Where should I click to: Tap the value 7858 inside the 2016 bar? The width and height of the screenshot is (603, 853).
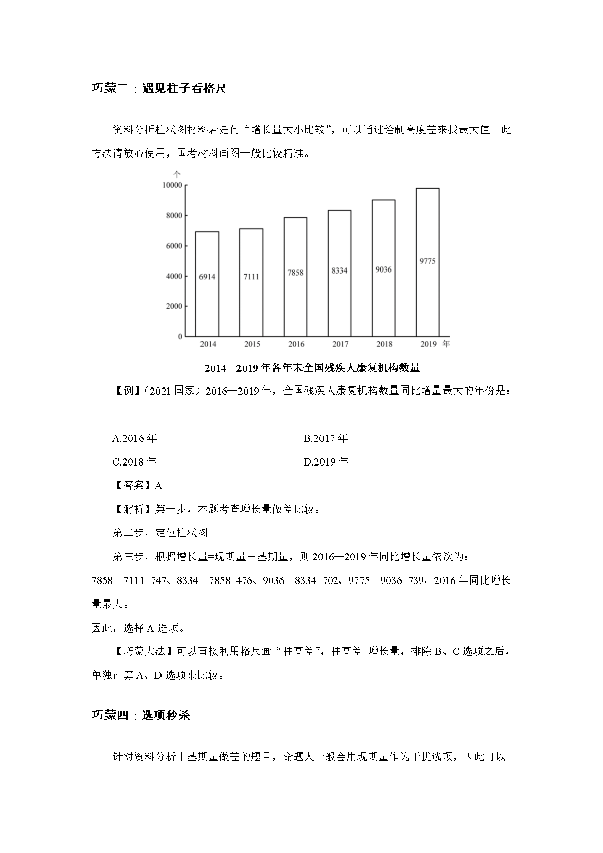(295, 273)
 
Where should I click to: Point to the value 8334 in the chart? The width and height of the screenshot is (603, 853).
(339, 270)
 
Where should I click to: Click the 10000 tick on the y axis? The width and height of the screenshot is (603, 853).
(172, 185)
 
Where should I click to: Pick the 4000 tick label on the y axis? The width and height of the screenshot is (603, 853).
(173, 276)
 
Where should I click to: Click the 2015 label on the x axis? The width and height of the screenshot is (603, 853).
(252, 344)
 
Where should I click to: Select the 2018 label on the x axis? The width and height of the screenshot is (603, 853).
(384, 344)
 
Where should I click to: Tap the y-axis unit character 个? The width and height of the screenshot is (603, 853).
(177, 174)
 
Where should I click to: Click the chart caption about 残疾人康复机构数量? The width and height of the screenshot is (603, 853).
(312, 368)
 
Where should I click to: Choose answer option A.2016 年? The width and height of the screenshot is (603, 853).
(135, 438)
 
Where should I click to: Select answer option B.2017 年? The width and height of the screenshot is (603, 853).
(326, 438)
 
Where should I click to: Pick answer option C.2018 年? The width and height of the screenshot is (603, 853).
(135, 462)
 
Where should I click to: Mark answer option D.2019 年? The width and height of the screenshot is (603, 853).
(326, 462)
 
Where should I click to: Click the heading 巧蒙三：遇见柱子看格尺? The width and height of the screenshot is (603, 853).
(158, 89)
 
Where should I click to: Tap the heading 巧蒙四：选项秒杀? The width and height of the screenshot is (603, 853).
(140, 716)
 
